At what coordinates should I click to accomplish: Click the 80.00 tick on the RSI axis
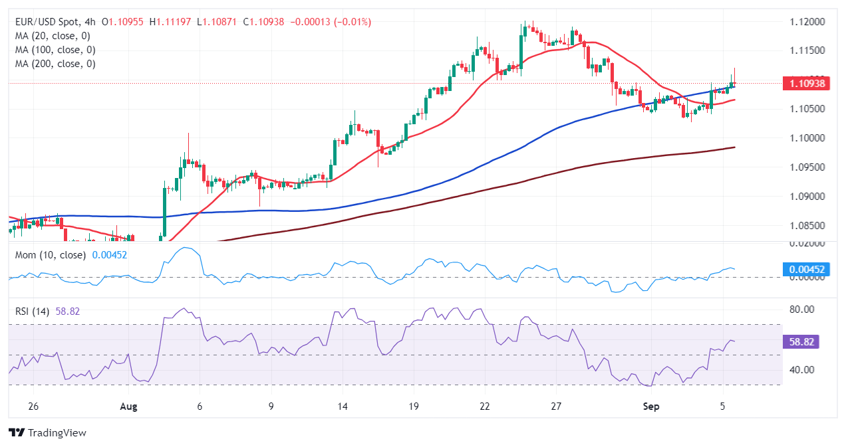[x=799, y=310]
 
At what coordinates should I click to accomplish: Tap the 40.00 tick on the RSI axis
[x=799, y=370]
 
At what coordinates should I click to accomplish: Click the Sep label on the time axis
[x=652, y=406]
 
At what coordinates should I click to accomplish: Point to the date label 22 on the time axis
[x=485, y=406]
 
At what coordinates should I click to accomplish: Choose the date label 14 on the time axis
[x=342, y=406]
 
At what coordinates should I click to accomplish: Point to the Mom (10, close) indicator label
[x=50, y=255]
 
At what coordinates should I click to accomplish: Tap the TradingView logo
[x=47, y=432]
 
